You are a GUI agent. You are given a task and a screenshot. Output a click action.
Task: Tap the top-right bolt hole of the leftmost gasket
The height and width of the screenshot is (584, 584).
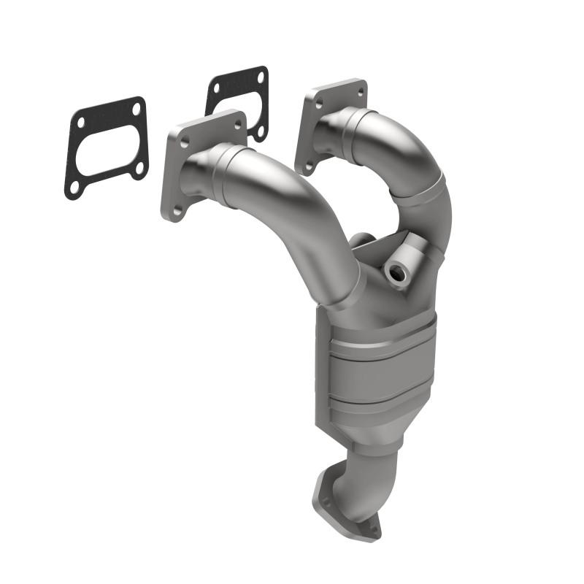pos(135,108)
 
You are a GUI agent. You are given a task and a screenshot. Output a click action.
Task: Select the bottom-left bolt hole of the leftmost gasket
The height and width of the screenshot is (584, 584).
pos(74,186)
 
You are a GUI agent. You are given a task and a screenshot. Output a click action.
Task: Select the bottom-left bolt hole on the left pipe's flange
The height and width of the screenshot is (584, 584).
pos(175,210)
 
